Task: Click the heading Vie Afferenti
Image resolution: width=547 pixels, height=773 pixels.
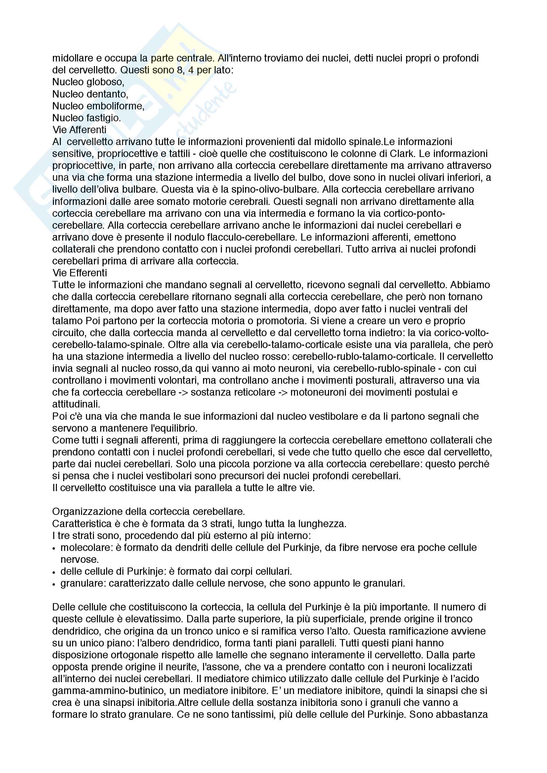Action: (79, 130)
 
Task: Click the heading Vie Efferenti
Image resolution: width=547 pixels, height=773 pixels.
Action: (79, 273)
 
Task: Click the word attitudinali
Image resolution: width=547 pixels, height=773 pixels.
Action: (76, 404)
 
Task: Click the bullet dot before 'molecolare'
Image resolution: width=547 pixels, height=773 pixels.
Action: (54, 549)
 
